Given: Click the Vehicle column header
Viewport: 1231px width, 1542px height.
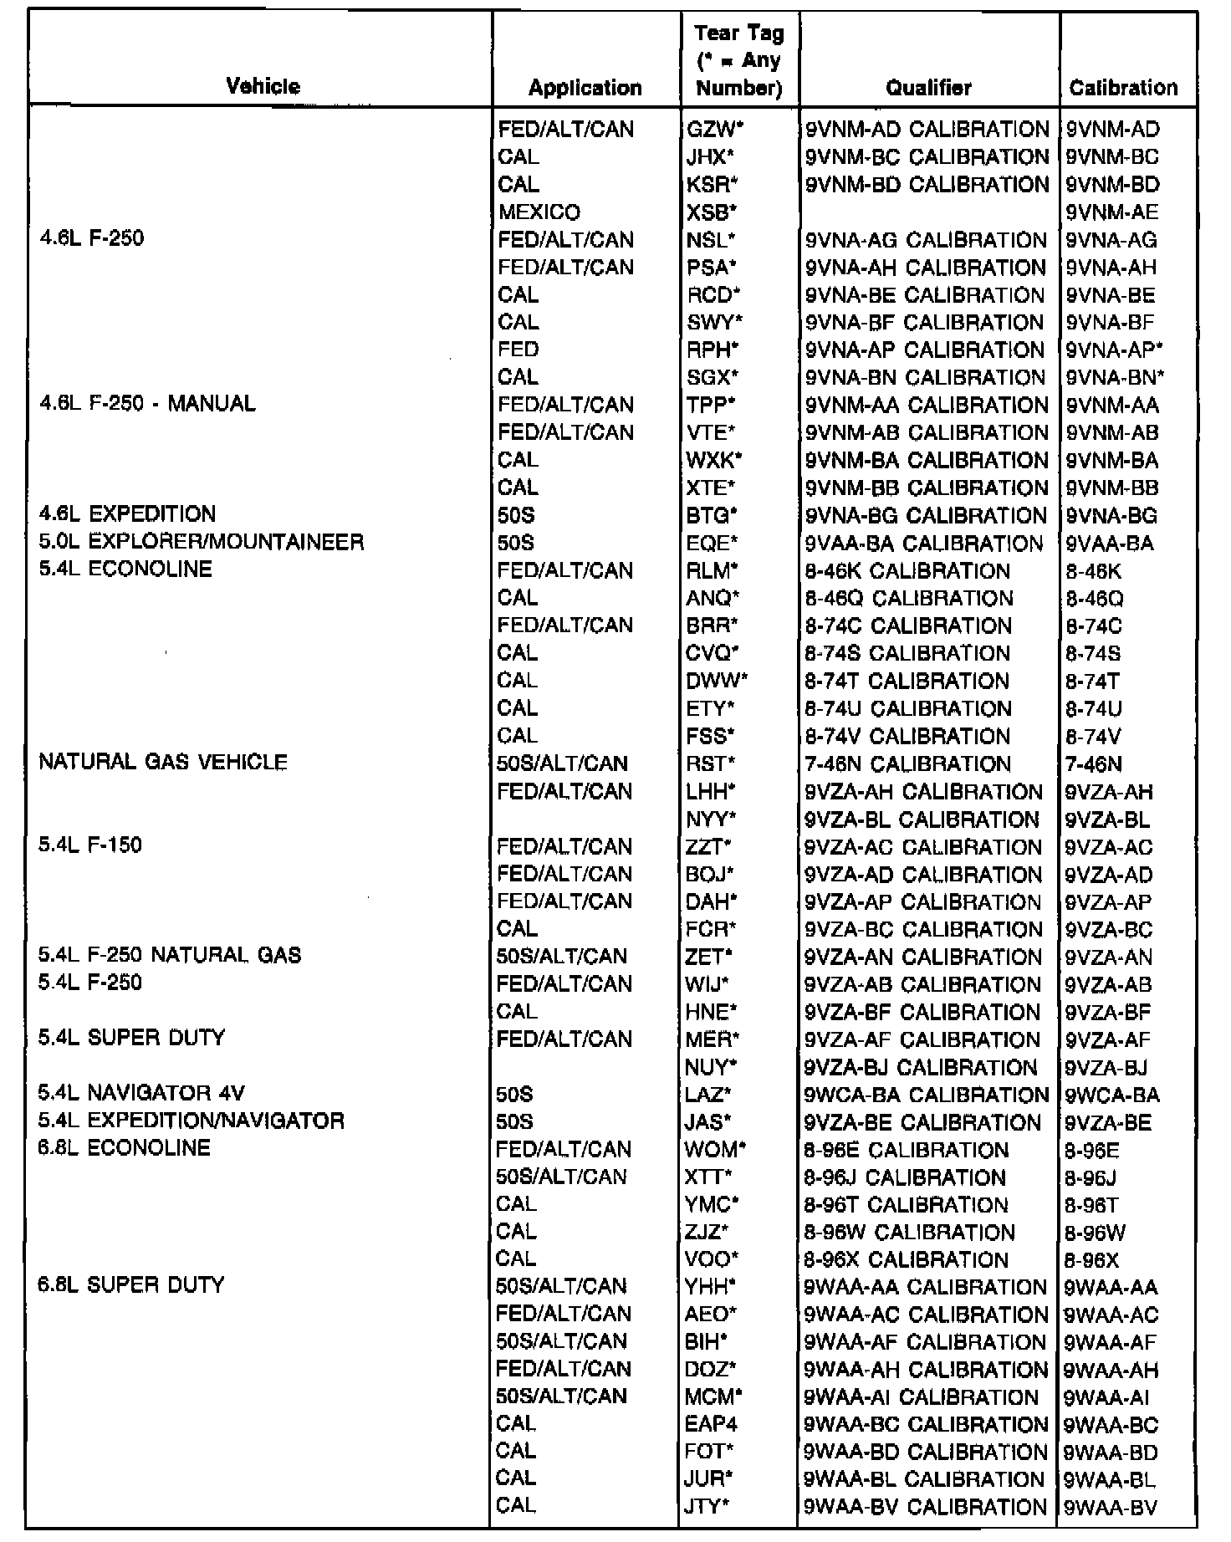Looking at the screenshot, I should pyautogui.click(x=263, y=86).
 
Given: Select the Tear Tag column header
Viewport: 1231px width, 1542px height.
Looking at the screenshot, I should pyautogui.click(x=739, y=60).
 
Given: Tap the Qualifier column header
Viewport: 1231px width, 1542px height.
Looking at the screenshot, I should pyautogui.click(x=928, y=87).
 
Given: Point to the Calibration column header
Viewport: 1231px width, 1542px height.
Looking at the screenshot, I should pyautogui.click(x=1123, y=87).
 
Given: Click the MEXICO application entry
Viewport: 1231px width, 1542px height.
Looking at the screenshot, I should pyautogui.click(x=539, y=212).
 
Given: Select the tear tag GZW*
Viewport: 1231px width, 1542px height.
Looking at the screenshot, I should pyautogui.click(x=710, y=130).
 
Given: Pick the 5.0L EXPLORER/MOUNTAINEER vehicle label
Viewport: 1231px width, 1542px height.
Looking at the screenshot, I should pyautogui.click(x=202, y=542).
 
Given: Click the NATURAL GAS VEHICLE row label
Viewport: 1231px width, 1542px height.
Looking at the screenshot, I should pyautogui.click(x=163, y=762).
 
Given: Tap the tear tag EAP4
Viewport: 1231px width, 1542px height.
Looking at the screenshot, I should pyautogui.click(x=711, y=1423).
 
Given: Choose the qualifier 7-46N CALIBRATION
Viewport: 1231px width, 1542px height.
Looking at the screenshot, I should pyautogui.click(x=907, y=763).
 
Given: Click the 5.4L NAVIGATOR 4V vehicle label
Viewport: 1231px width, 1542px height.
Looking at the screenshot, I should pyautogui.click(x=141, y=1093).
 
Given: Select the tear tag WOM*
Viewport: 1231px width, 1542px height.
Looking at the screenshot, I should pyautogui.click(x=715, y=1149).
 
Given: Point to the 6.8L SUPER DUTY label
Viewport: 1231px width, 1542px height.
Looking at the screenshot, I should pyautogui.click(x=131, y=1284).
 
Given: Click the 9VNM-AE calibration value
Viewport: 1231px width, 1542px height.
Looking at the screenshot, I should pyautogui.click(x=1112, y=212).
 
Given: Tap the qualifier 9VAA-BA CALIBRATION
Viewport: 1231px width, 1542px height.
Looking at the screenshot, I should pyautogui.click(x=923, y=543).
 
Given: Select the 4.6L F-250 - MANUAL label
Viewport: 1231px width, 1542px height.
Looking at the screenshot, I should pyautogui.click(x=147, y=404).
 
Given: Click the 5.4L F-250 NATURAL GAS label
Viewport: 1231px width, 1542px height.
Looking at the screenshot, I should pyautogui.click(x=170, y=955).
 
